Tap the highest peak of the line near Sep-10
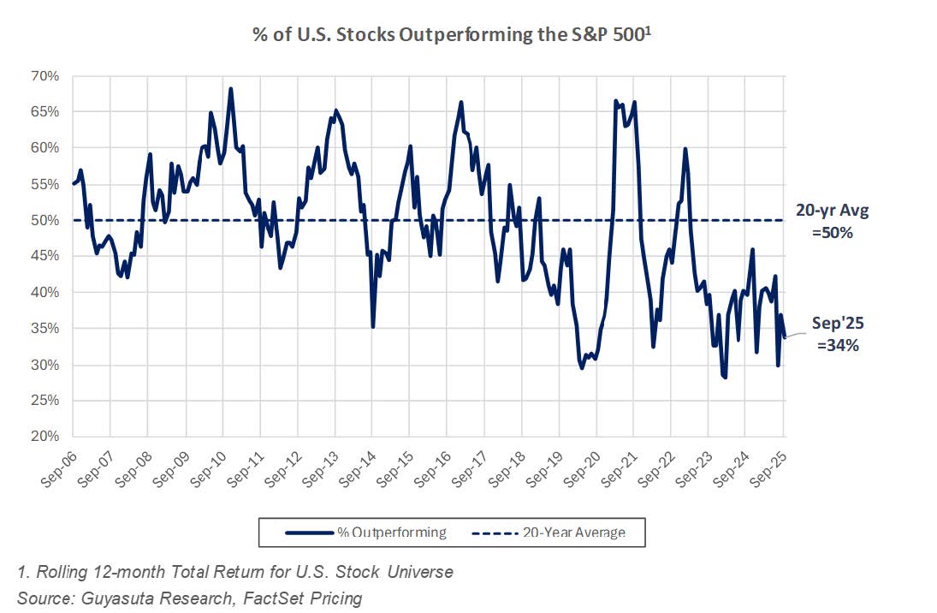click(230, 88)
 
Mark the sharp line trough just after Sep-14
click(373, 326)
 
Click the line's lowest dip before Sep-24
click(726, 378)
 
